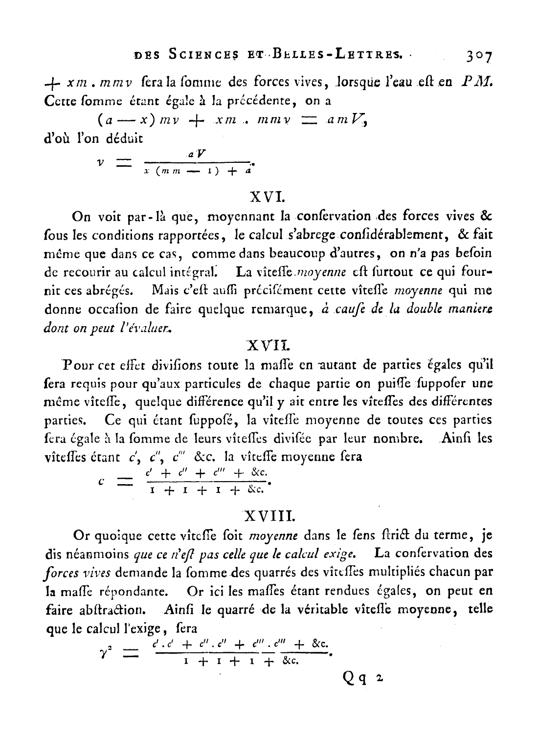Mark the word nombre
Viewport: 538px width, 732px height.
tap(397, 439)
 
